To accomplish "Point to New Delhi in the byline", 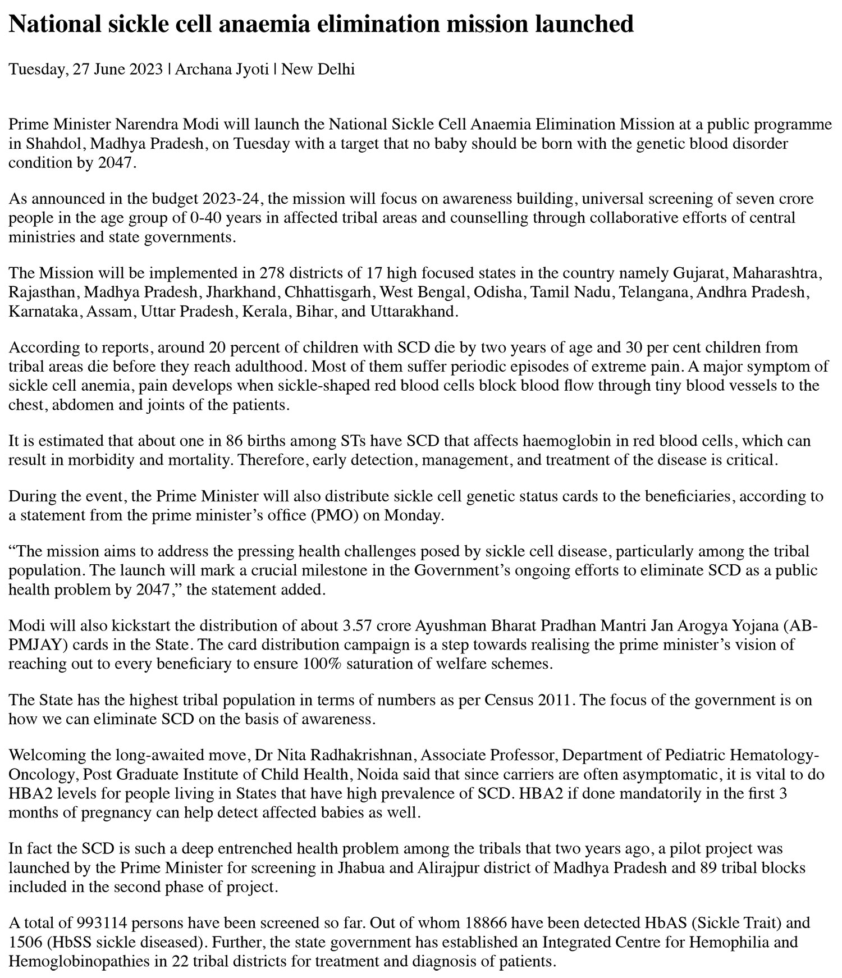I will [x=318, y=70].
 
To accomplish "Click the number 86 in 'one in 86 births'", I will [x=234, y=441].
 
